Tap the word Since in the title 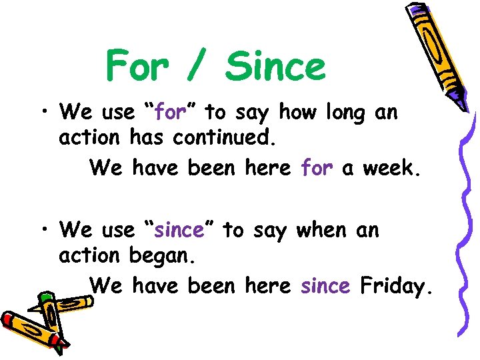pos(275,67)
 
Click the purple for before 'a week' pos(317,168)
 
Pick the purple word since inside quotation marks pos(179,231)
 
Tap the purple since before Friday pos(325,286)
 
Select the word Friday pos(397,287)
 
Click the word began pos(160,257)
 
